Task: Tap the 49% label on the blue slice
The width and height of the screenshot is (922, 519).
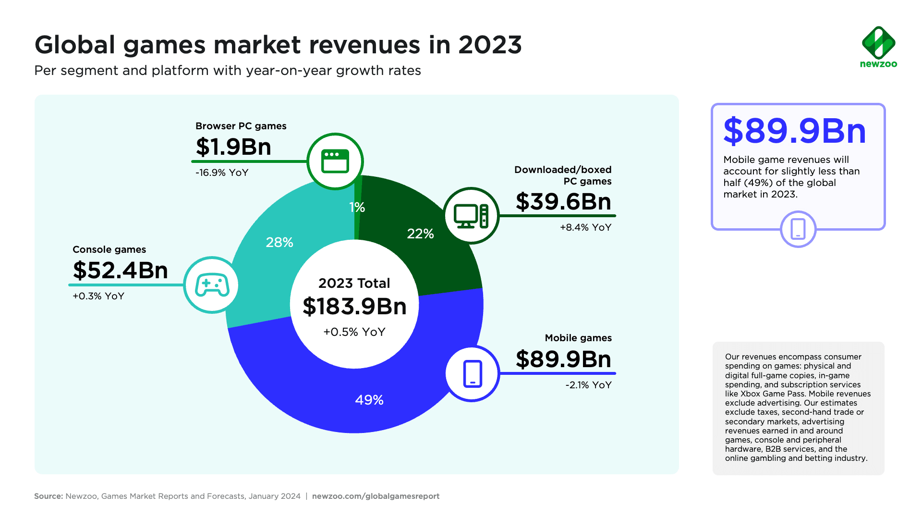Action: pyautogui.click(x=369, y=400)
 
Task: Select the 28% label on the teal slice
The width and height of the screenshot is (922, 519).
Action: pyautogui.click(x=279, y=242)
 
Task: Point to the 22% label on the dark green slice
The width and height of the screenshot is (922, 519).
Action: pyautogui.click(x=420, y=234)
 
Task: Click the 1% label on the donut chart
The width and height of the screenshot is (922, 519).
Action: pyautogui.click(x=357, y=207)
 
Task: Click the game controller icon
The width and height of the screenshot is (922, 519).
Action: pyautogui.click(x=212, y=285)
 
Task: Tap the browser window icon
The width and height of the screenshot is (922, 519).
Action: pyautogui.click(x=335, y=161)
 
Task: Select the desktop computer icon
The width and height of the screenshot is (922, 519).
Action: pyautogui.click(x=471, y=216)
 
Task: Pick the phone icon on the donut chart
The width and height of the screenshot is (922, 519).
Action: pyautogui.click(x=473, y=373)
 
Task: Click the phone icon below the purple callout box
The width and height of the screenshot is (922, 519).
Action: pyautogui.click(x=798, y=229)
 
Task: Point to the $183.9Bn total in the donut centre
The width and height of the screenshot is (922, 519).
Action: pyautogui.click(x=354, y=307)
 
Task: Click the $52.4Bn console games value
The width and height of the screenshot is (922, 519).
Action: pyautogui.click(x=120, y=270)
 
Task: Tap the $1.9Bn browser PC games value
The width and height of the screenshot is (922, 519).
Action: pyautogui.click(x=233, y=147)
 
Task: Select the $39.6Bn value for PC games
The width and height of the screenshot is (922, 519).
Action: pyautogui.click(x=563, y=201)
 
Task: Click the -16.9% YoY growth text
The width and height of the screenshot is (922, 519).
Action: pyautogui.click(x=222, y=173)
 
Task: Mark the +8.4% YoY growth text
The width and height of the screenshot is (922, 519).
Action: pyautogui.click(x=585, y=227)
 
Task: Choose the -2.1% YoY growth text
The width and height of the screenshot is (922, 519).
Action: pyautogui.click(x=588, y=385)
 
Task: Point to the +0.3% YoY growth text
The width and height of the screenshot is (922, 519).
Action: pyautogui.click(x=98, y=296)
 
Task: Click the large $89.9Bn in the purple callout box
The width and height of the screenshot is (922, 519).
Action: pyautogui.click(x=795, y=131)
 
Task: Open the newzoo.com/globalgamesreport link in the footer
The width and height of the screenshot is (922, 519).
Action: pyautogui.click(x=376, y=496)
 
